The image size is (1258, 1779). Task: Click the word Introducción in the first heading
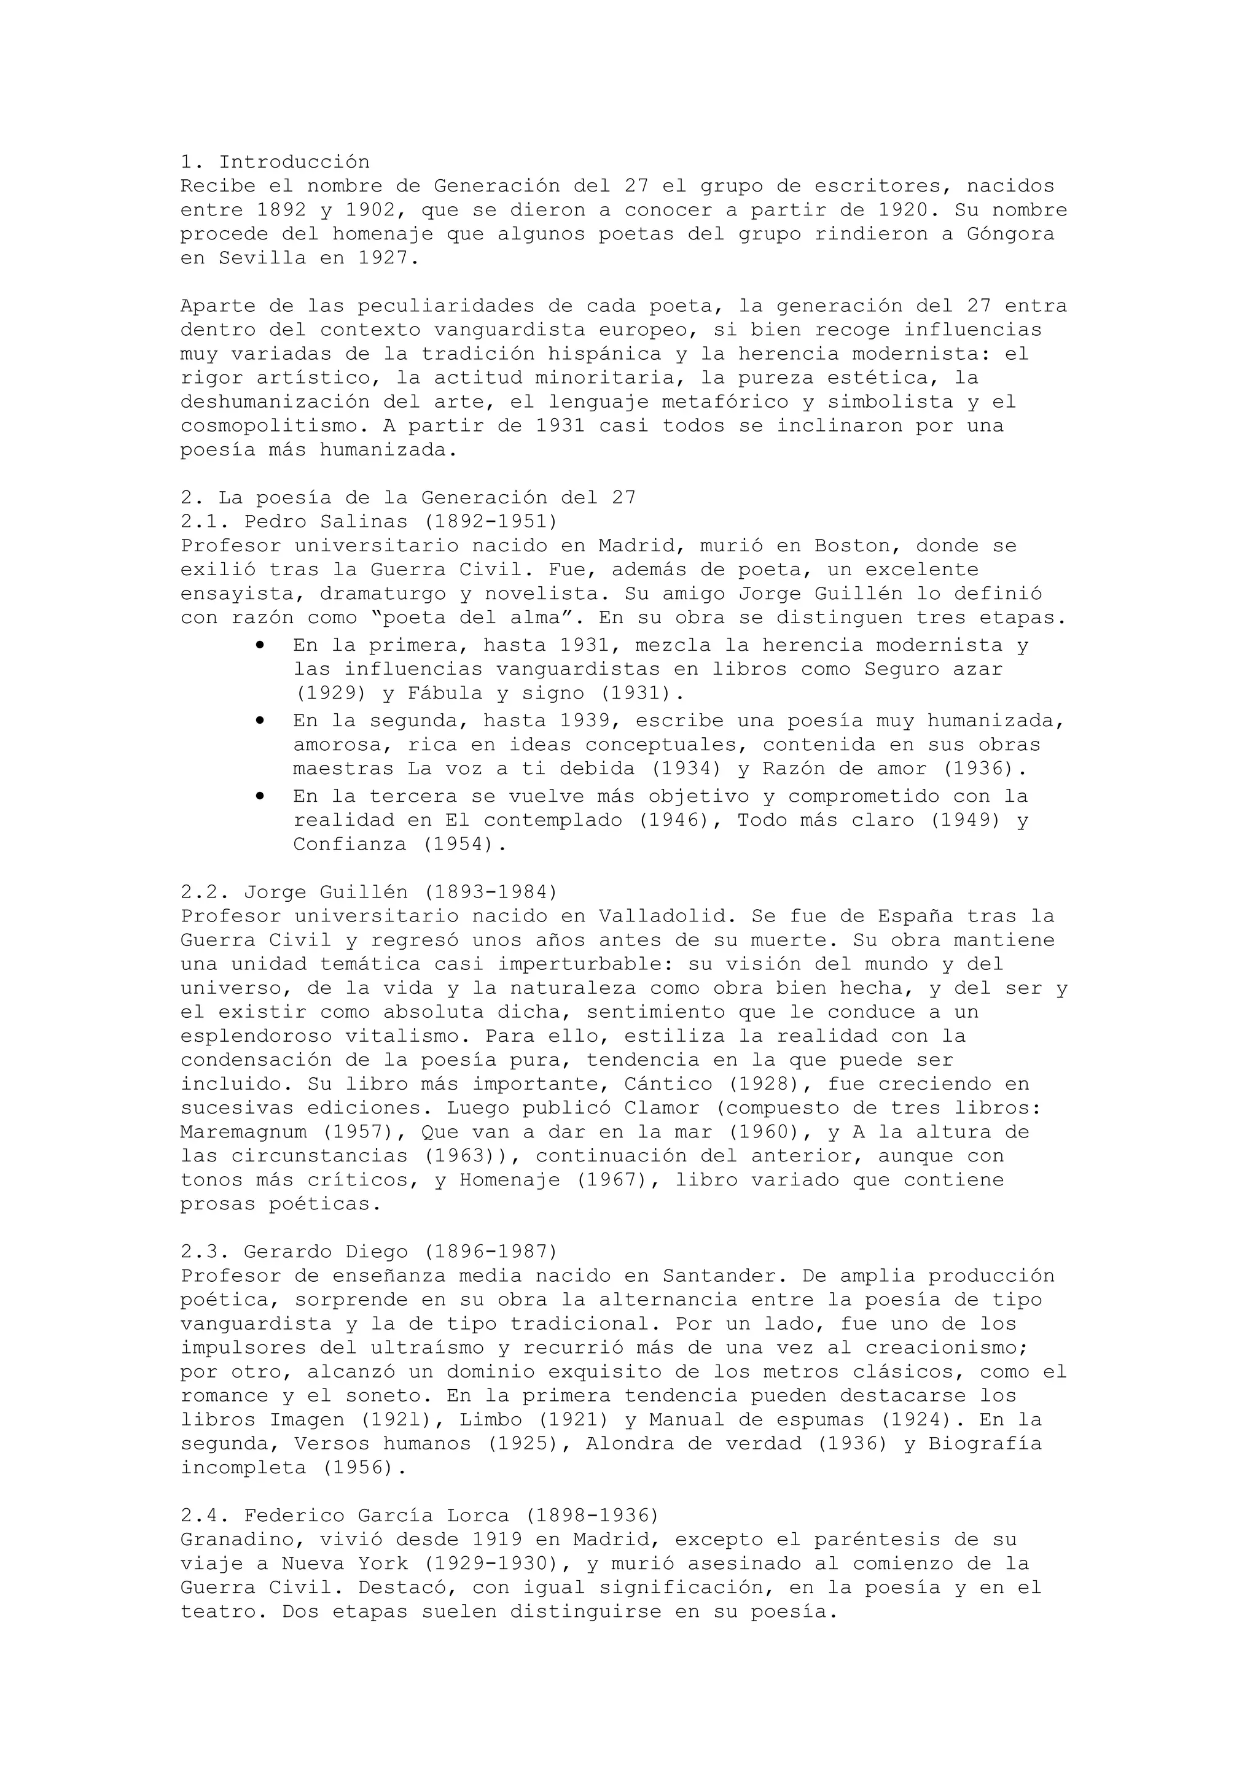295,162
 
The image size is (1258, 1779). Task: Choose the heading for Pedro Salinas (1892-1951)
369,521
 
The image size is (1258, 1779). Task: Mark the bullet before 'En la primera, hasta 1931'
260,645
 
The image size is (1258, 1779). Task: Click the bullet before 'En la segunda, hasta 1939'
260,721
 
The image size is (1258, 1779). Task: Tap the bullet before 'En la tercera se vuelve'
260,796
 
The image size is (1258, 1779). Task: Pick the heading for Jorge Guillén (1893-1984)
369,892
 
